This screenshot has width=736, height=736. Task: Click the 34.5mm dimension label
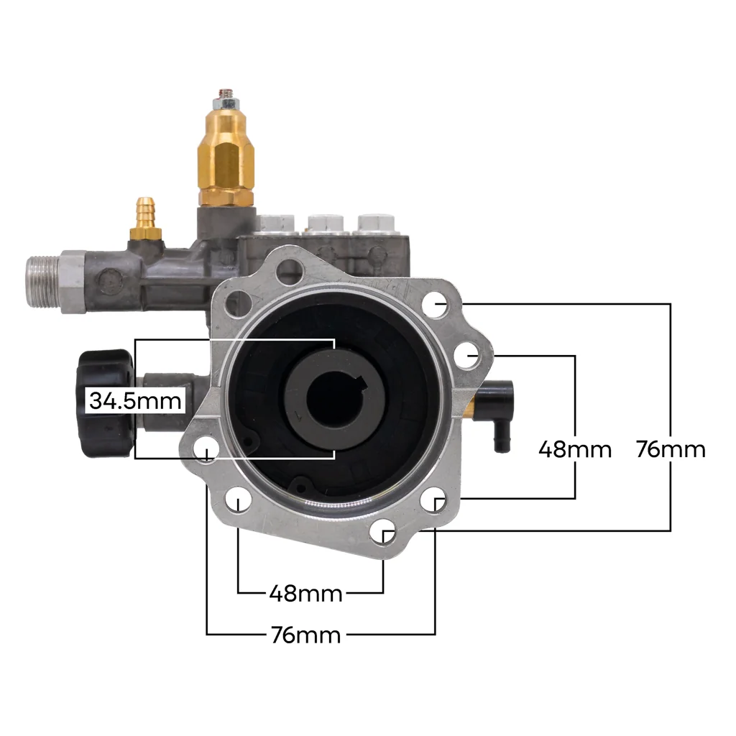click(135, 401)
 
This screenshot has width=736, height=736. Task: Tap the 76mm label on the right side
click(671, 449)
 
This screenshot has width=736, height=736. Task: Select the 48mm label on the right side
click(575, 449)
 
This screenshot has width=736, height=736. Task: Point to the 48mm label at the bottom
click(306, 594)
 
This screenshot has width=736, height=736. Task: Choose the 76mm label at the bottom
click(306, 635)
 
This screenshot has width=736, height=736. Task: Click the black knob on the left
click(105, 403)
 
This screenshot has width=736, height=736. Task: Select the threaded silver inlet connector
click(43, 282)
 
